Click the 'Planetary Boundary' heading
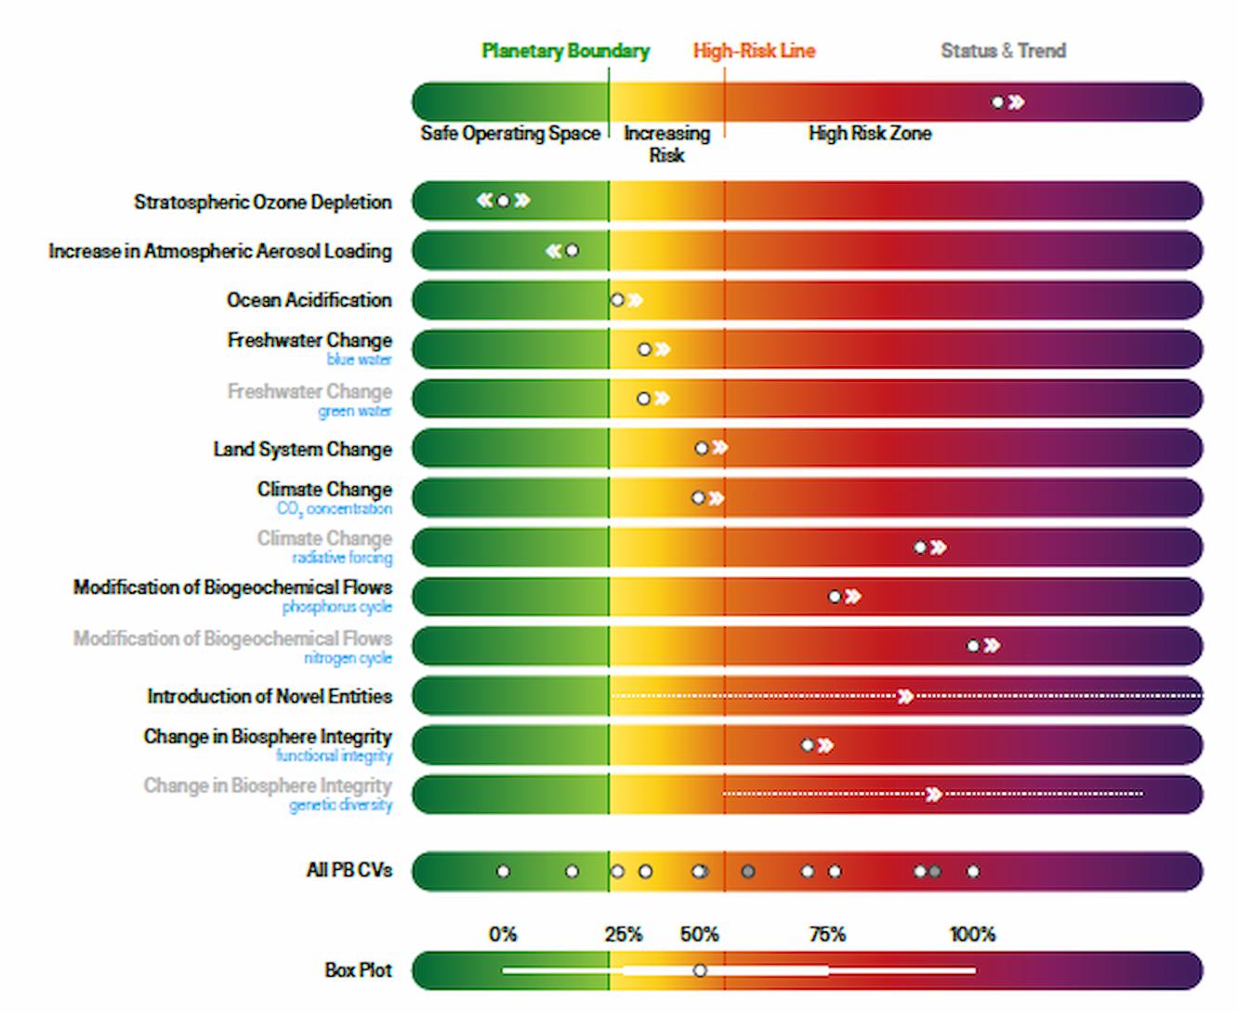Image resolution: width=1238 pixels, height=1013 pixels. point(565,51)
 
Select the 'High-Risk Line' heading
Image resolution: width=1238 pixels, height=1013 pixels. point(754,51)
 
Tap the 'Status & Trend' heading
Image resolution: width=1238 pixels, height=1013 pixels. point(1003,51)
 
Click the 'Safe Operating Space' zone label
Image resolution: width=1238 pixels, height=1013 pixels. point(509,134)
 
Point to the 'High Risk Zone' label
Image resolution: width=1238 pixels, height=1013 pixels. point(869,134)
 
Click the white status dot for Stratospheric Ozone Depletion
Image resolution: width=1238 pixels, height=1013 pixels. point(503,201)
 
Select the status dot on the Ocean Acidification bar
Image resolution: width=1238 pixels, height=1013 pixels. point(617,300)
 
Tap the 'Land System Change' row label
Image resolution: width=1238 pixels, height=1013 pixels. point(302,450)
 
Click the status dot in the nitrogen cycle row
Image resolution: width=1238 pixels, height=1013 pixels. point(973,646)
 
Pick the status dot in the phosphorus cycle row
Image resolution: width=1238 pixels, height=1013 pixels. point(835,597)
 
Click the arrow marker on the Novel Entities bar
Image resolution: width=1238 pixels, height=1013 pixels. point(905,696)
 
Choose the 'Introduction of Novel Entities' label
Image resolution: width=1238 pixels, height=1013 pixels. point(270,696)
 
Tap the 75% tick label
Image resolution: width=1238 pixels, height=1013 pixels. point(826,934)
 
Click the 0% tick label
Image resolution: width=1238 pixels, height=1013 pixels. point(503,934)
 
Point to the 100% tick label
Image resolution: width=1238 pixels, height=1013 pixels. point(972,934)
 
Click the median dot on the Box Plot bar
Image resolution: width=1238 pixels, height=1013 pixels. point(700,970)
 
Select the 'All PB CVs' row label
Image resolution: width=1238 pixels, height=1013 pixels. point(349,871)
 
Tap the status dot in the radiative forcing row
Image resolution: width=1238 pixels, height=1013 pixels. point(920,547)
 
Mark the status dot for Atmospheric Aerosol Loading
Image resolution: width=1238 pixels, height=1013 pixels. point(573,251)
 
